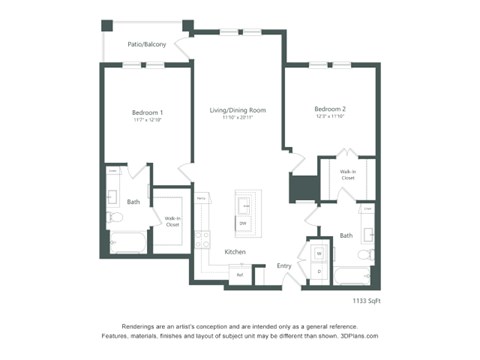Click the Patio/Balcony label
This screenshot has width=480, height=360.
[x=146, y=45]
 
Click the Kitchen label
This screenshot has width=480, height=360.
[x=235, y=251]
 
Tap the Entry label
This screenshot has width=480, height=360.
[x=284, y=265]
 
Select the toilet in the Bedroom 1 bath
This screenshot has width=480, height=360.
[x=115, y=216]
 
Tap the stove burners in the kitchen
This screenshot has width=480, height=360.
[x=203, y=239]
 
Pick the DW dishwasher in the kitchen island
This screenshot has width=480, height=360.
[x=242, y=223]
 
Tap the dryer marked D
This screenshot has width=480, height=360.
[x=318, y=271]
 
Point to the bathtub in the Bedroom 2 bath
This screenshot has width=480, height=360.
[x=352, y=273]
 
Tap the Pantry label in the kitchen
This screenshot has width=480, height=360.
[x=201, y=198]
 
